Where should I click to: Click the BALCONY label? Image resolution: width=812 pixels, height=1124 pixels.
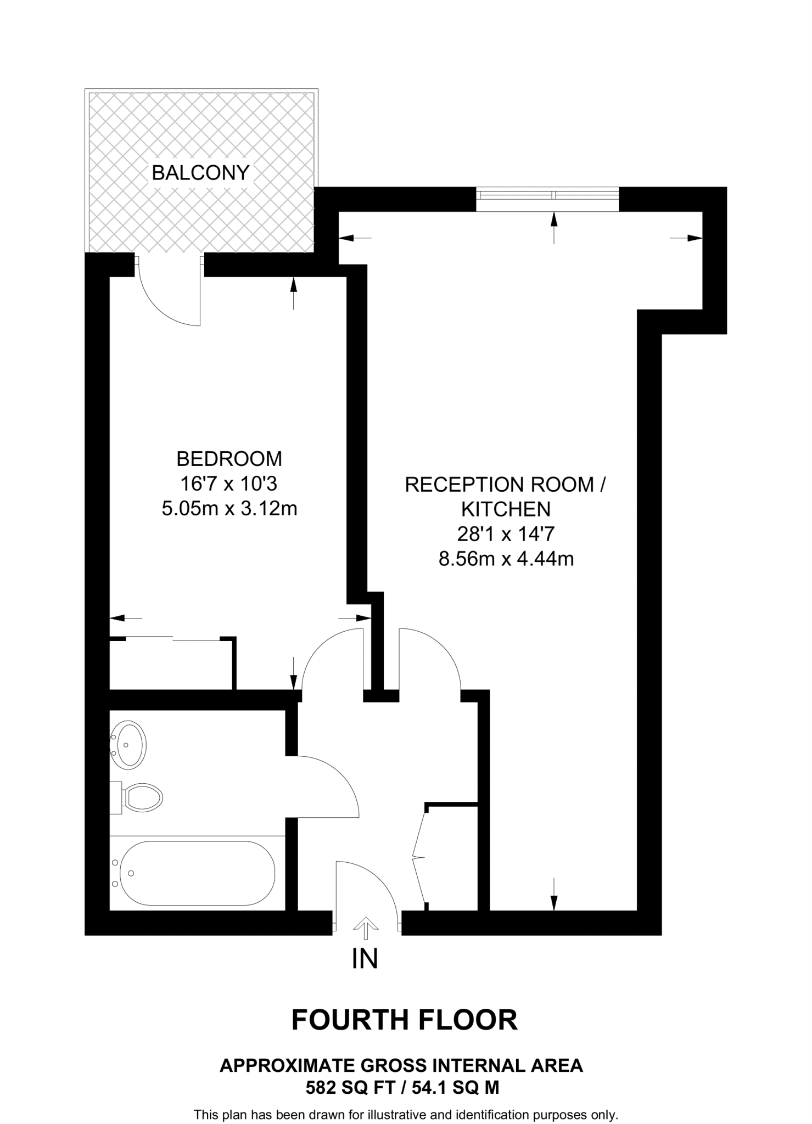click(200, 173)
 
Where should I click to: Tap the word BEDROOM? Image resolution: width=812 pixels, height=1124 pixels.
click(229, 458)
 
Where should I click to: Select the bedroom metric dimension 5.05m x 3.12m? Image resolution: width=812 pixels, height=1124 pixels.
click(229, 509)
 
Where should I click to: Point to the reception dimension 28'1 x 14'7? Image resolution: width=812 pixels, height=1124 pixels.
click(506, 533)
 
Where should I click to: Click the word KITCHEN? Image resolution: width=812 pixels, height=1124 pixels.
click(506, 509)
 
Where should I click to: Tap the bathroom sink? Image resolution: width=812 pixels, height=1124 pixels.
click(128, 745)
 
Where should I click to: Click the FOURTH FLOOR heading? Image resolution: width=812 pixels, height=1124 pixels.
click(405, 1020)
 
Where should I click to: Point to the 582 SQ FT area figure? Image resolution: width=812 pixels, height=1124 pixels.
click(349, 1087)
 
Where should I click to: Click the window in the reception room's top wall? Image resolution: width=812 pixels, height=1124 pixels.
click(547, 199)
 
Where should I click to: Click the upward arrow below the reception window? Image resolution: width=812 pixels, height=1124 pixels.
click(554, 226)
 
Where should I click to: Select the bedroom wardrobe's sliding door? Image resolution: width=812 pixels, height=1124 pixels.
click(172, 638)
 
